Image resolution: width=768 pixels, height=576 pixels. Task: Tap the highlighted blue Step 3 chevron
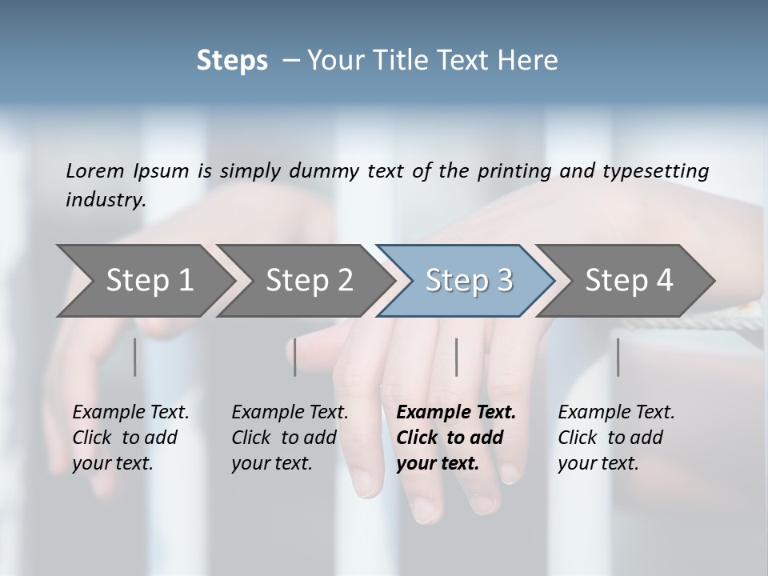click(x=467, y=281)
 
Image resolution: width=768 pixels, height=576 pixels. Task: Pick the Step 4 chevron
click(x=628, y=281)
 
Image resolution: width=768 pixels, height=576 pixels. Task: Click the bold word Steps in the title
click(x=232, y=61)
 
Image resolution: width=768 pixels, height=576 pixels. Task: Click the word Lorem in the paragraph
click(x=94, y=170)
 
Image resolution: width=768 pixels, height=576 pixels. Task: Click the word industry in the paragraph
click(x=105, y=199)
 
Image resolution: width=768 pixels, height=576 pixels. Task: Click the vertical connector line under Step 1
click(x=134, y=357)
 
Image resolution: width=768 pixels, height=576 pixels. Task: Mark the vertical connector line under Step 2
click(x=295, y=357)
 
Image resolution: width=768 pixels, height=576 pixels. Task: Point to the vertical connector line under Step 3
click(x=456, y=357)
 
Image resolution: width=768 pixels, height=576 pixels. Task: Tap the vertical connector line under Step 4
click(x=618, y=357)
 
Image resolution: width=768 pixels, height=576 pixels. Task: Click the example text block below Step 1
click(x=130, y=438)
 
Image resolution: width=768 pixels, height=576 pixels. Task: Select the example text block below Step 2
click(x=290, y=438)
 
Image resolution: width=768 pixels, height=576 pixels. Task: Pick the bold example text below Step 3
click(x=456, y=438)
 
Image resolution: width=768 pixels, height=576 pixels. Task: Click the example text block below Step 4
click(x=616, y=438)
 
